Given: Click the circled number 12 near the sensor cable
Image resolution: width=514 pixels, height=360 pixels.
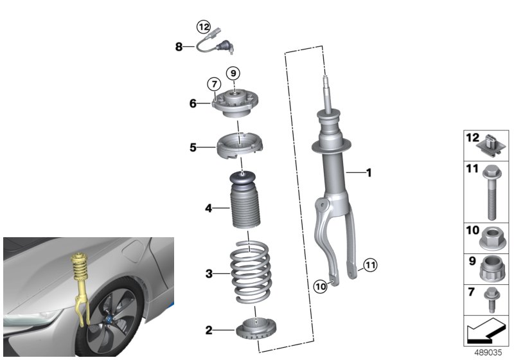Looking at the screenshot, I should (204, 27).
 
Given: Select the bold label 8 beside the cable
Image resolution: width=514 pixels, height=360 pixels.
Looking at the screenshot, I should (179, 46).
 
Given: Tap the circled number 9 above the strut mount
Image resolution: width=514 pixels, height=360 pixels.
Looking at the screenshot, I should (233, 73).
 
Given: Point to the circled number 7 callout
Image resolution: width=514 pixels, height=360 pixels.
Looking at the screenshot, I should (214, 84).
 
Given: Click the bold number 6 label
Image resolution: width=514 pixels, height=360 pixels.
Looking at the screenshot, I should (193, 103).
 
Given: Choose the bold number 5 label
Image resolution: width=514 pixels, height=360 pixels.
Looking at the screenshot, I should (193, 147).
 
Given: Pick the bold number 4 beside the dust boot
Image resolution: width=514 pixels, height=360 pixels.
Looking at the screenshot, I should (208, 208).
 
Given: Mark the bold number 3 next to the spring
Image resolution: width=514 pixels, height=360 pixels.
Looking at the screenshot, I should (208, 274).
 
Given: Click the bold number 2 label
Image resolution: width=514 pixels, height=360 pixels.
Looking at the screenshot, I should (208, 330).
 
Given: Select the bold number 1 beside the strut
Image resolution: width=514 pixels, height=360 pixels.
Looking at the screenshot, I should (368, 172).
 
